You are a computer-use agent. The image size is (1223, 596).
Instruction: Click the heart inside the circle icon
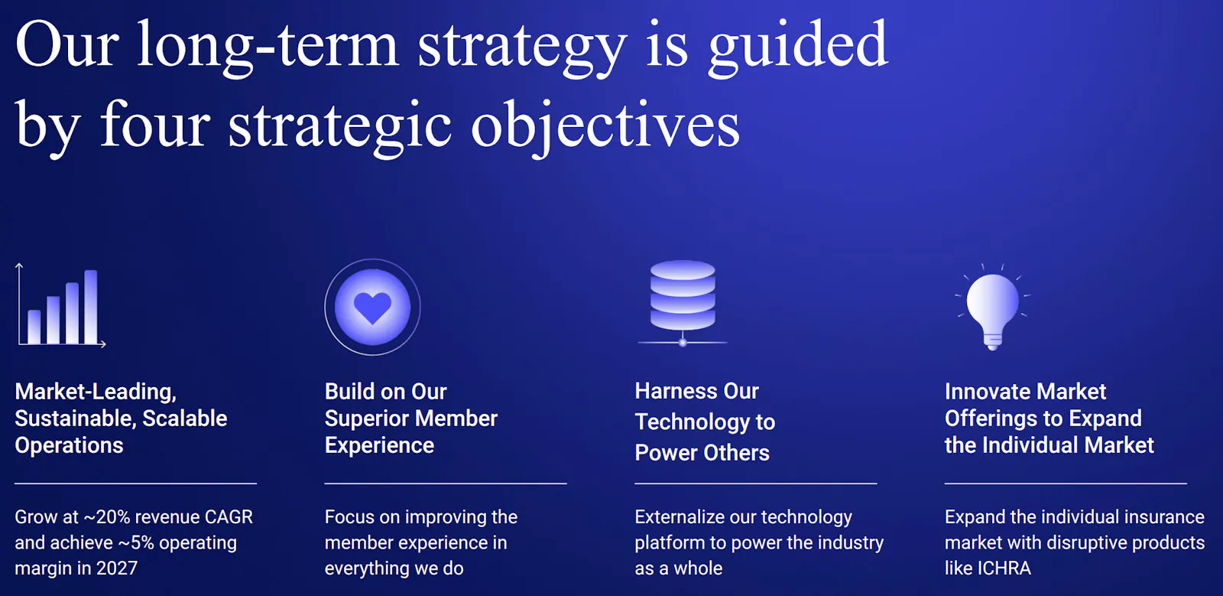(372, 308)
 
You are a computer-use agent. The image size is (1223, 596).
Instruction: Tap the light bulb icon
(993, 307)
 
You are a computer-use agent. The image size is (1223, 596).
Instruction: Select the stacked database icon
(683, 303)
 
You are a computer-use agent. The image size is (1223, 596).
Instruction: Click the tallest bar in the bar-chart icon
(91, 307)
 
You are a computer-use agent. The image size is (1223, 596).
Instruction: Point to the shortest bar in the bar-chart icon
(34, 327)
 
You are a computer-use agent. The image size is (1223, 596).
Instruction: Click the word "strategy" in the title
(521, 47)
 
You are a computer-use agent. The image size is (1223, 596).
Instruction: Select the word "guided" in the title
(798, 47)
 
